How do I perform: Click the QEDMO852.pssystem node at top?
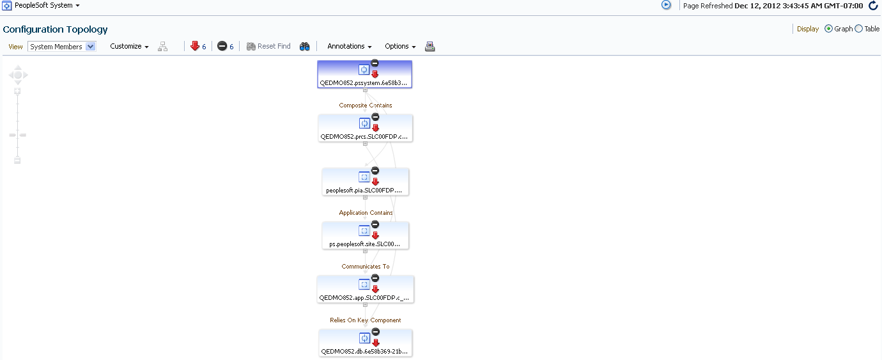click(364, 74)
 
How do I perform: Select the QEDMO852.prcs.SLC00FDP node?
click(366, 128)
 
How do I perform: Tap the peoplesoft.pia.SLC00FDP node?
click(366, 182)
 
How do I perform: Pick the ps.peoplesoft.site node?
click(366, 235)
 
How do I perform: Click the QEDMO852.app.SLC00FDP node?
click(366, 289)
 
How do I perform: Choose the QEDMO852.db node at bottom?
click(366, 343)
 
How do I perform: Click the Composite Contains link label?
click(366, 105)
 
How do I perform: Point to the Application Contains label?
click(366, 213)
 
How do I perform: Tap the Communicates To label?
click(366, 266)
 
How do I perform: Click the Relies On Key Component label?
click(366, 320)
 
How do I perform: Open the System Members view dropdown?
click(62, 47)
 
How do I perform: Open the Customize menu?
click(129, 46)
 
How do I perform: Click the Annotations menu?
click(349, 46)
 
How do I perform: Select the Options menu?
click(400, 46)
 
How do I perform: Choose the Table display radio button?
click(859, 29)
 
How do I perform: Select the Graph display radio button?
click(828, 29)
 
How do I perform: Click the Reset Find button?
click(268, 46)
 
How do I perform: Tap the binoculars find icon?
click(304, 47)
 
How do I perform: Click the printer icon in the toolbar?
click(430, 47)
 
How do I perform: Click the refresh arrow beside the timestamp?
click(873, 6)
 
